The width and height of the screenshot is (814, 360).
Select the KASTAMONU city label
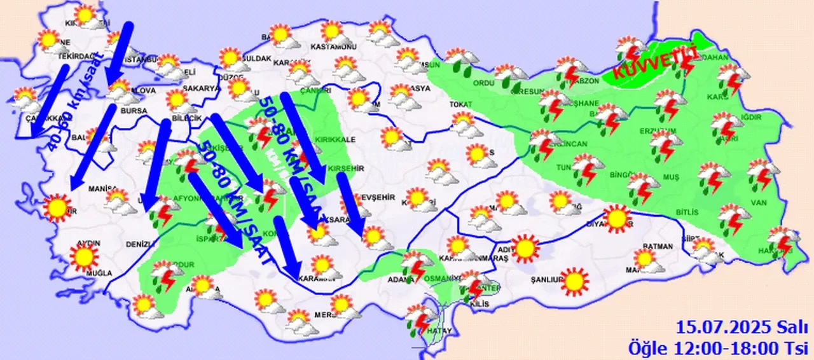[x=333, y=47]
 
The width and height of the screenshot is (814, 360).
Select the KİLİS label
[x=481, y=305]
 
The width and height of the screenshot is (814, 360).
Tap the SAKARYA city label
[x=201, y=88]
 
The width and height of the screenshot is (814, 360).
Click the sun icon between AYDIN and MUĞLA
[x=85, y=257]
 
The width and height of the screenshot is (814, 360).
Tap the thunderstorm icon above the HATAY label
[x=419, y=318]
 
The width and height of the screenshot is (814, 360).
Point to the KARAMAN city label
[x=316, y=280]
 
